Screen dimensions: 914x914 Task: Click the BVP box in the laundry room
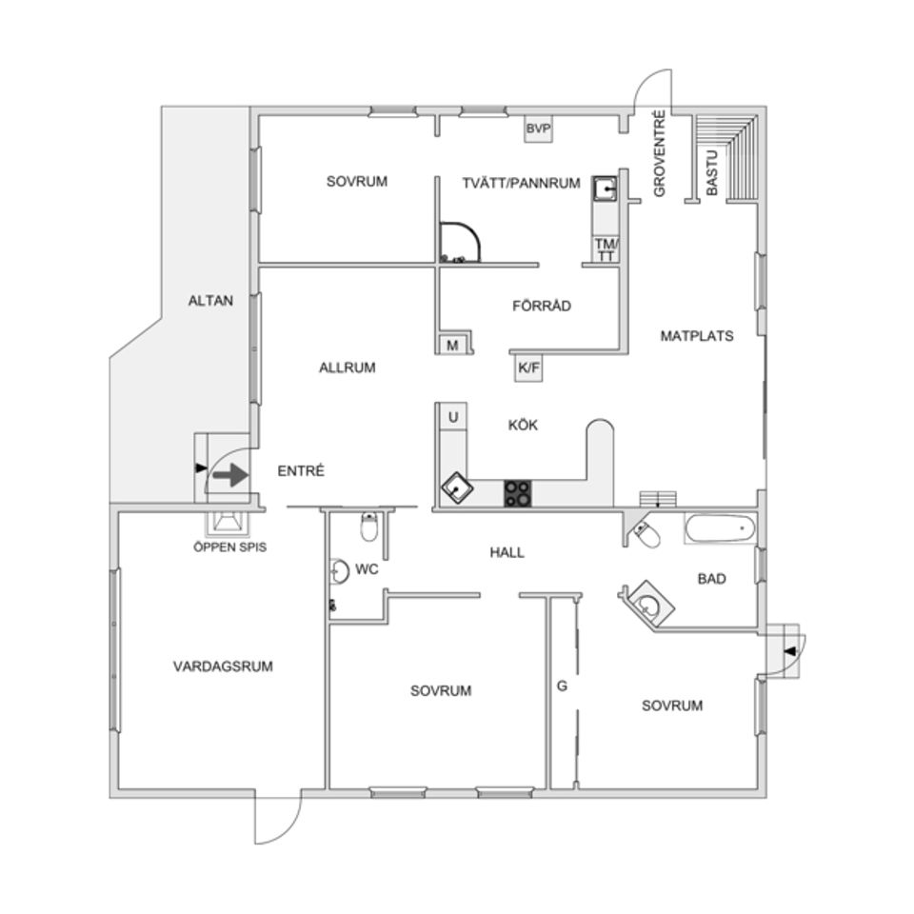(x=538, y=129)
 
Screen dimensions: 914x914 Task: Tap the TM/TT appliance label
(x=606, y=248)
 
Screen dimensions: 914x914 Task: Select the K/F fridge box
(x=528, y=368)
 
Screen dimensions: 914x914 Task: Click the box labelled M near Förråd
(x=452, y=345)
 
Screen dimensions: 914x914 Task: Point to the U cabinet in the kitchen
(x=453, y=417)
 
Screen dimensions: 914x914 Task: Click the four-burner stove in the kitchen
(x=518, y=493)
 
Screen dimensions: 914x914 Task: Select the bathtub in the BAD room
(x=720, y=528)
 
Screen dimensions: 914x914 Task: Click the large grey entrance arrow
(x=230, y=474)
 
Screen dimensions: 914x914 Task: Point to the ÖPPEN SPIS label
(x=229, y=547)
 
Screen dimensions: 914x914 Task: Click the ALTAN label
(x=210, y=301)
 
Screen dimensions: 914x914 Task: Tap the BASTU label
(x=712, y=172)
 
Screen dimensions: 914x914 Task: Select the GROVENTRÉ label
(x=659, y=154)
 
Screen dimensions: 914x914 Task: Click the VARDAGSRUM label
(x=223, y=666)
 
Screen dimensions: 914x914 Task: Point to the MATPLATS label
(x=697, y=336)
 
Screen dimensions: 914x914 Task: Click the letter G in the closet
(x=562, y=686)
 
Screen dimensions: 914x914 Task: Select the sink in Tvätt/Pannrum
(x=606, y=189)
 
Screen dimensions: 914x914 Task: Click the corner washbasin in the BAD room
(x=647, y=605)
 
